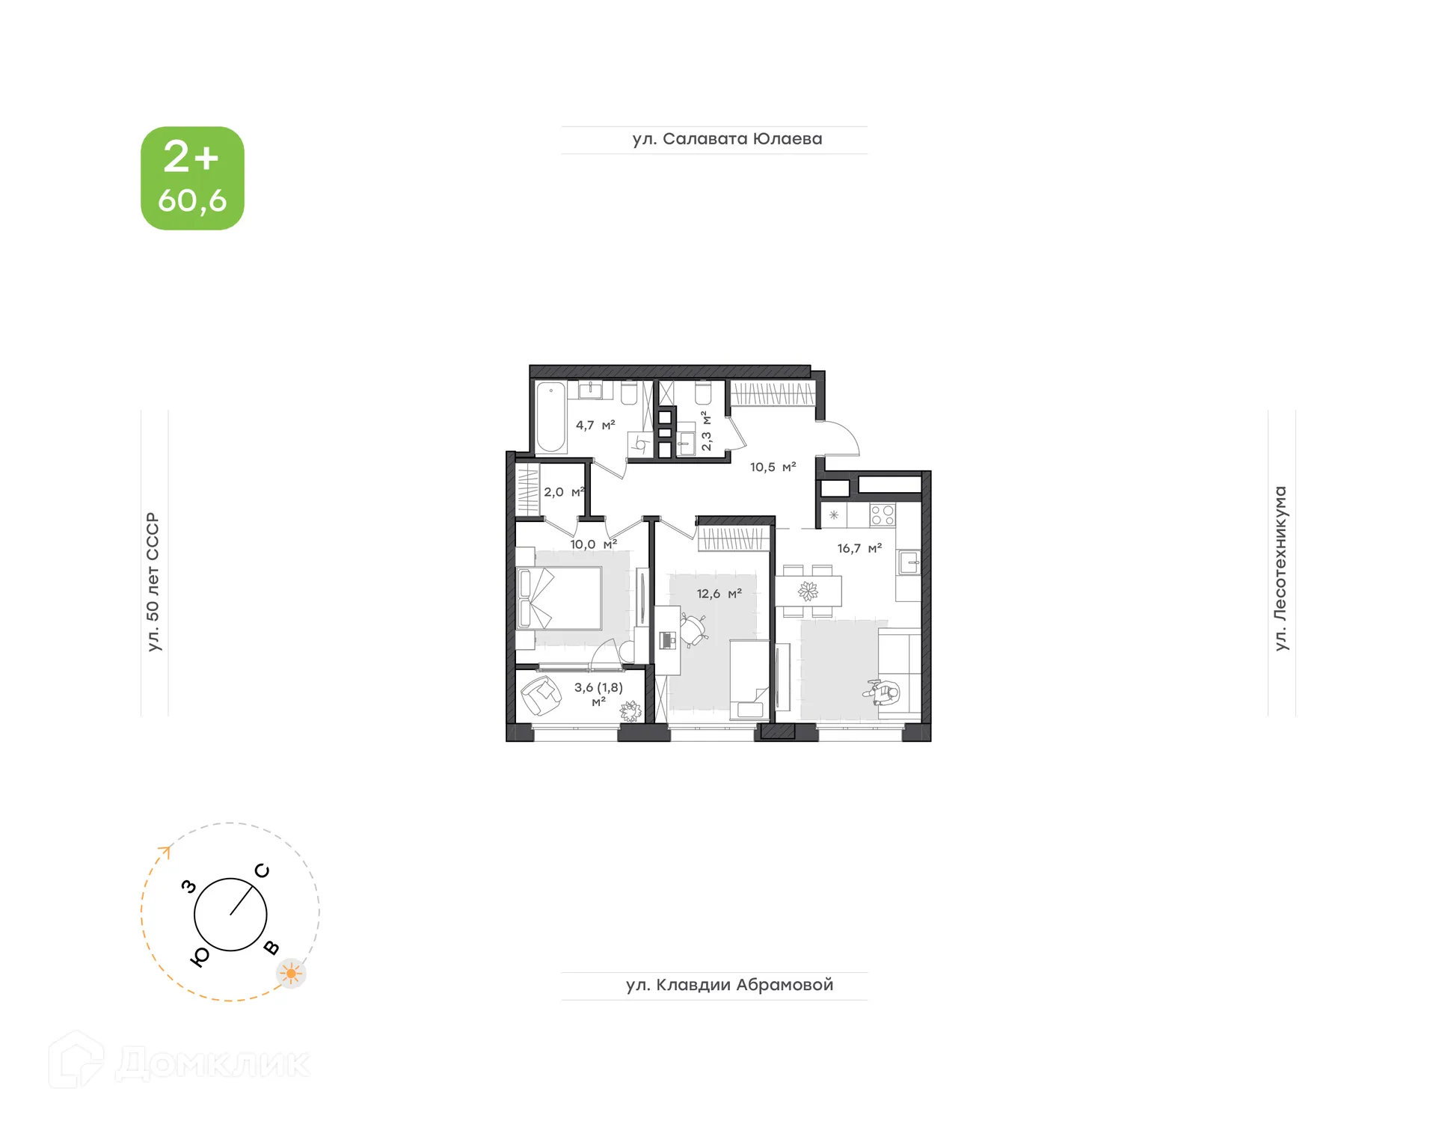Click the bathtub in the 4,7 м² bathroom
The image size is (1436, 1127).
click(x=550, y=417)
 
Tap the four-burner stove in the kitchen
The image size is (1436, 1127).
click(x=883, y=515)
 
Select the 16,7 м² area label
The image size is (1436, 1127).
click(x=859, y=548)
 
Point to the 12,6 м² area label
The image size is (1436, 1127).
click(x=719, y=594)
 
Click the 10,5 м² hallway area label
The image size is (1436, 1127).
click(x=773, y=467)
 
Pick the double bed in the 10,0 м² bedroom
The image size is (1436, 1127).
click(x=559, y=598)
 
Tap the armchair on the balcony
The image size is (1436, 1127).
click(x=540, y=695)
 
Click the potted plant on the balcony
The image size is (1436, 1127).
click(x=630, y=710)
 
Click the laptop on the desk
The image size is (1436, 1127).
click(x=668, y=639)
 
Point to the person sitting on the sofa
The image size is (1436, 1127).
click(x=884, y=693)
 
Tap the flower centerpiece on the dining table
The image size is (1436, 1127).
click(x=808, y=591)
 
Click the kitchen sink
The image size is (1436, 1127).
click(x=909, y=562)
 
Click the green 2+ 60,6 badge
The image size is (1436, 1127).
click(x=192, y=178)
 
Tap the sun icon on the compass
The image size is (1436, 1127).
click(x=291, y=974)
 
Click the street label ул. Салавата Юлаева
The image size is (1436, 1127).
click(x=727, y=139)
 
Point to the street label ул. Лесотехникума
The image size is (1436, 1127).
click(x=1280, y=568)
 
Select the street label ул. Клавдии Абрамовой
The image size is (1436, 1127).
click(x=729, y=985)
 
